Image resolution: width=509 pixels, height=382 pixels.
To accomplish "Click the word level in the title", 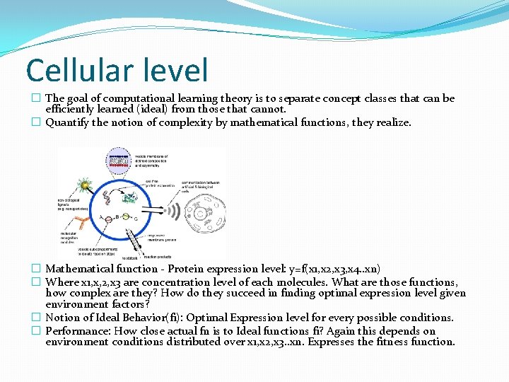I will [177, 71].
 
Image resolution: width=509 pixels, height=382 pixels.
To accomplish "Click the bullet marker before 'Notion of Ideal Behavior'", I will [36, 318].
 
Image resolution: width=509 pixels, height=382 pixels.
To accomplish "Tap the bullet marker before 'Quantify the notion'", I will [36, 122].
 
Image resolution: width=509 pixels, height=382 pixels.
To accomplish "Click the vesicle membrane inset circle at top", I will [121, 161].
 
